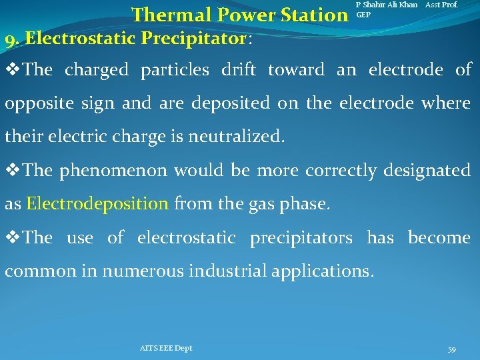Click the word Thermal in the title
click(x=167, y=15)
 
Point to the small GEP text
click(x=363, y=14)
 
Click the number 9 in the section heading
click(x=9, y=39)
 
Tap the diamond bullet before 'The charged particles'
click(x=13, y=70)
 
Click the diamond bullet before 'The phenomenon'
click(x=13, y=171)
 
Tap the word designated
click(x=427, y=171)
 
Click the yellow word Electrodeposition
click(x=97, y=204)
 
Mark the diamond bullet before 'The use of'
click(x=13, y=238)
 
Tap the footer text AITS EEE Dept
click(x=167, y=348)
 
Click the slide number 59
click(x=451, y=349)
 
